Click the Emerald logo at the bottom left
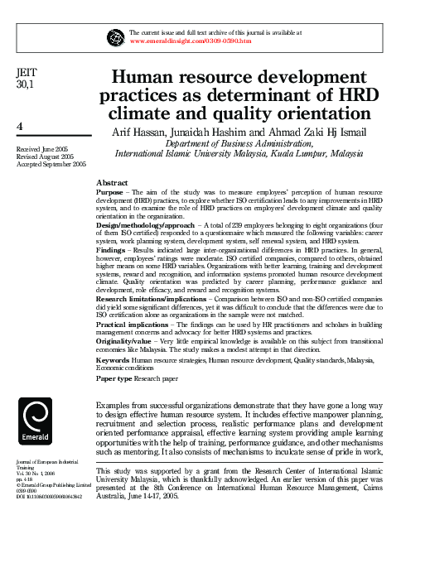(37, 421)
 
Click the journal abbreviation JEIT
(27, 73)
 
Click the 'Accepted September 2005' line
(51, 164)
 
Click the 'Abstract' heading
(112, 182)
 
